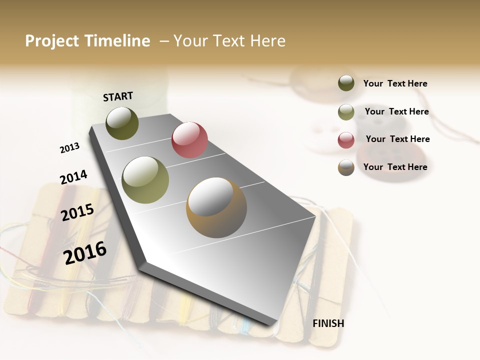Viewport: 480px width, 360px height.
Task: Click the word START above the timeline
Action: [x=118, y=96]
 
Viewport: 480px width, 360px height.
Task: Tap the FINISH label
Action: [x=328, y=323]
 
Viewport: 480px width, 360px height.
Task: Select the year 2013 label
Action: [x=69, y=148]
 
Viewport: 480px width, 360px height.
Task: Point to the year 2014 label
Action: [x=73, y=177]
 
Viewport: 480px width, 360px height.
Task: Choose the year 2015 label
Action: [x=77, y=212]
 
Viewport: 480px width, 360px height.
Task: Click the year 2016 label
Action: [x=85, y=252]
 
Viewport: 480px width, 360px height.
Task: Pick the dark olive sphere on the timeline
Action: [x=122, y=123]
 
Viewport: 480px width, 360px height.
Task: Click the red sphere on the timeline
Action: [x=189, y=139]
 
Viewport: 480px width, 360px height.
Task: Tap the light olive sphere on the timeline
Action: [x=145, y=180]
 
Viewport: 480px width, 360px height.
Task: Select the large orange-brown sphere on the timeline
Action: [x=216, y=207]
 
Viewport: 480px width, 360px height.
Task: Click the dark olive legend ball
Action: [x=346, y=83]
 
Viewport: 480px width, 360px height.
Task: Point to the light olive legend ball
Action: [x=346, y=112]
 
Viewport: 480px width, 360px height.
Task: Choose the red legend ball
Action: [x=346, y=140]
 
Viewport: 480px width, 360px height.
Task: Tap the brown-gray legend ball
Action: [x=346, y=167]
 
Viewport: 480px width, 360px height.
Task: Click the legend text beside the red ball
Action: [x=397, y=139]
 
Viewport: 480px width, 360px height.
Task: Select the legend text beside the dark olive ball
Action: [x=395, y=83]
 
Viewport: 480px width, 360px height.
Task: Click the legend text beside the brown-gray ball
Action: [x=395, y=167]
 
